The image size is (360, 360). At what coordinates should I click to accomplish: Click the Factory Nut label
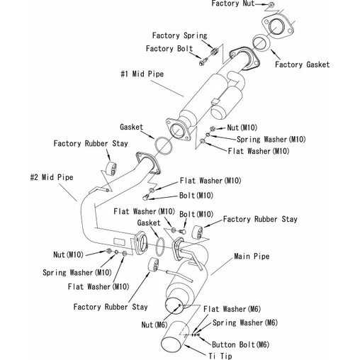tap(232, 4)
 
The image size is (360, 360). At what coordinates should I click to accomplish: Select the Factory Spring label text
tap(179, 35)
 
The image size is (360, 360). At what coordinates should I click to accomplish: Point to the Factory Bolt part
tap(203, 62)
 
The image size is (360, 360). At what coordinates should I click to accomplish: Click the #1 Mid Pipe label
tap(142, 74)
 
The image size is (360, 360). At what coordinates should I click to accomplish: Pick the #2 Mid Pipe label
tap(52, 177)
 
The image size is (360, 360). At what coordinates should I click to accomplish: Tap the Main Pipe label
tap(252, 257)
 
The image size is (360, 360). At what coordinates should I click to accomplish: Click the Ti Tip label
tap(220, 356)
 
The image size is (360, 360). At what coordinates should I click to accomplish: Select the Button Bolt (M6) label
tap(240, 344)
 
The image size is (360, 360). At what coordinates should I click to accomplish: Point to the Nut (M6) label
tap(154, 325)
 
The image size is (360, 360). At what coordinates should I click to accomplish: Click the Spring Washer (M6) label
tap(245, 322)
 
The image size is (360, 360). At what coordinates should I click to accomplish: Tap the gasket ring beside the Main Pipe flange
tap(157, 247)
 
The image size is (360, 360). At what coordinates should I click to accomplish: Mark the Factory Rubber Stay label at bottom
tap(111, 307)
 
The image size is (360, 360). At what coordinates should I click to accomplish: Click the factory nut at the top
tap(271, 4)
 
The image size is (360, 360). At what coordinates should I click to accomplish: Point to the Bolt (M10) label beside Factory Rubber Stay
tap(196, 214)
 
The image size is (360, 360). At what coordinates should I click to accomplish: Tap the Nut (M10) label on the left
tap(68, 254)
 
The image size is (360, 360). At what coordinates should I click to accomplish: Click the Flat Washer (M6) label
tap(232, 309)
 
